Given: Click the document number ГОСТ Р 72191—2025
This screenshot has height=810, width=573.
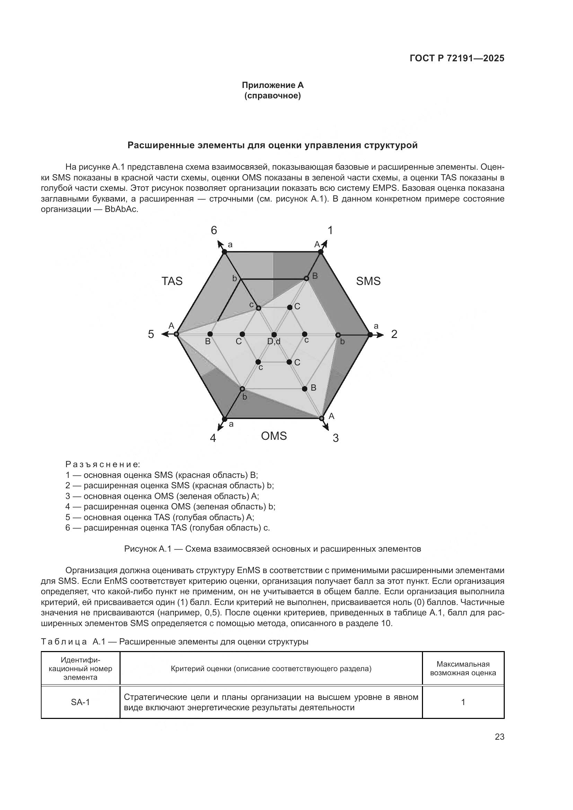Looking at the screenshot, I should point(457,59).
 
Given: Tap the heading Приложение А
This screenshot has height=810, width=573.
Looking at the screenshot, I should point(272,85).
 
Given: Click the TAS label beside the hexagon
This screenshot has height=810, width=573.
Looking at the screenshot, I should point(172,281).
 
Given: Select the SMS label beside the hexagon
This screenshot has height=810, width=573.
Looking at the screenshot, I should point(368,281).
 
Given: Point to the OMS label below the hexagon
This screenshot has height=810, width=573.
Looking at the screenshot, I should point(274,436).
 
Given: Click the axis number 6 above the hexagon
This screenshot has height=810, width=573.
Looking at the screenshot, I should point(214,230).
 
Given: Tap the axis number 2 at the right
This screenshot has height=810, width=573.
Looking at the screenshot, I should point(394,334).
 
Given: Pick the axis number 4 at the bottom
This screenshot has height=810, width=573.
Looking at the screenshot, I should point(213,438).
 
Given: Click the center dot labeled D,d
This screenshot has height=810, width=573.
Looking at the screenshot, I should point(274,335).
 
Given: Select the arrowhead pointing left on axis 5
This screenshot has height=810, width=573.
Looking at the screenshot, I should point(164,334).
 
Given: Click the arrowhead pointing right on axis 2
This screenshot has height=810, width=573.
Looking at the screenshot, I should point(380,335).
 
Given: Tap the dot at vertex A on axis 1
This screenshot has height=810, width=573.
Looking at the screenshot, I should point(320,251).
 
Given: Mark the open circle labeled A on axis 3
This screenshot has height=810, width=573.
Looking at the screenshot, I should point(321,418).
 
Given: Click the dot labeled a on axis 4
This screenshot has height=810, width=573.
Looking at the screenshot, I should point(224,419).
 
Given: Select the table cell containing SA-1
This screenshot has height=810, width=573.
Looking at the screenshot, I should point(80,702).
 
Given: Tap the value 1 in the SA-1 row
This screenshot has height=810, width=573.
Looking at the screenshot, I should point(463,702).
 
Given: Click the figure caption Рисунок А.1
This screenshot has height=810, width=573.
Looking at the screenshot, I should point(272,549).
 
